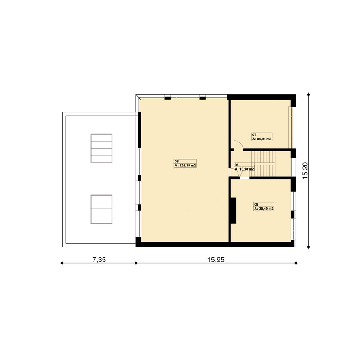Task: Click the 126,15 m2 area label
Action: coord(185,166)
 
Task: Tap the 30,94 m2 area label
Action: coord(262,139)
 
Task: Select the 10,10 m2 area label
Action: coord(244,169)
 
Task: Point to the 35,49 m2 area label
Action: coord(264,209)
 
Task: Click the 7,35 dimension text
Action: coord(99,260)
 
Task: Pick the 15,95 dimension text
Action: coord(216,260)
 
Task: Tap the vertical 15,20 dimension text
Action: coord(305,171)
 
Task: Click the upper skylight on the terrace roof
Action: coord(102,148)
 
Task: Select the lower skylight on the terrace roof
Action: coord(102,209)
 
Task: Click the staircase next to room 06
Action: coord(263,164)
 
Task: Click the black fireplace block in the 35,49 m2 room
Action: coord(233,210)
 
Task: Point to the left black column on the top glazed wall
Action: coord(167,98)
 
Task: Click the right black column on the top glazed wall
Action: coord(202,98)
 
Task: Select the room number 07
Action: coord(254,135)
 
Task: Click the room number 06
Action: coord(237,165)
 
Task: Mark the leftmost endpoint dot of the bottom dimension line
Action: coord(62,263)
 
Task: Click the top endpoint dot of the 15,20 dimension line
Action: coord(309,94)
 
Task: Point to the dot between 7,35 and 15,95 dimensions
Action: coord(136,263)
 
